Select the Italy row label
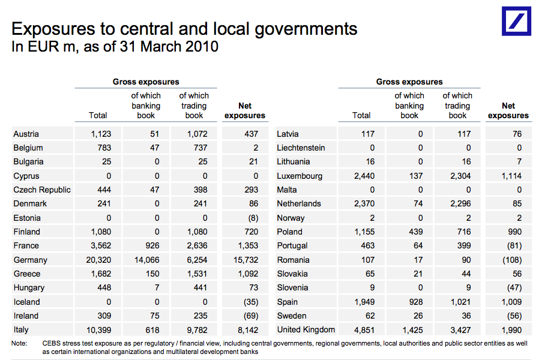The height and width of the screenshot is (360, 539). [21, 329]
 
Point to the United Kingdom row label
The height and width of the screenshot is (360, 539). [306, 329]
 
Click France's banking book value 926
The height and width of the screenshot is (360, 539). [151, 245]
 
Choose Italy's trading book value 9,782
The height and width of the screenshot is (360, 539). [194, 329]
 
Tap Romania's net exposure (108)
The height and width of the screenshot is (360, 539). [510, 260]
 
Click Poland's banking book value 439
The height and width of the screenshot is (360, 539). [415, 232]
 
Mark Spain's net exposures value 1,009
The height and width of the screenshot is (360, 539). [509, 302]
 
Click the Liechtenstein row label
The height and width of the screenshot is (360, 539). [301, 148]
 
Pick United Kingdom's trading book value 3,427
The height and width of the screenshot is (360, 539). [458, 329]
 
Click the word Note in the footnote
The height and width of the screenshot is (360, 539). [19, 344]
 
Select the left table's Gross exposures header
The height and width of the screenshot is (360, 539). [146, 82]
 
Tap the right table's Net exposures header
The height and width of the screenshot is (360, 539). [508, 110]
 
